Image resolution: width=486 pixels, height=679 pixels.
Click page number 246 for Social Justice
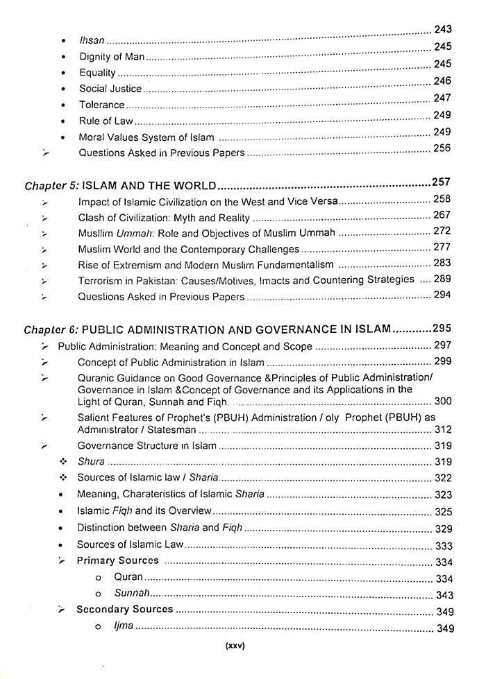pyautogui.click(x=442, y=81)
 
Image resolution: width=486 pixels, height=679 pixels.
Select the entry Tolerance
pyautogui.click(x=101, y=105)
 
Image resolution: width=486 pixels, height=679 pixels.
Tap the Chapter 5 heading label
pyautogui.click(x=52, y=186)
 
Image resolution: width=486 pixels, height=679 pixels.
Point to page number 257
pyautogui.click(x=441, y=182)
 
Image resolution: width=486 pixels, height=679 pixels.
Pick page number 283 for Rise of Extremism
pyautogui.click(x=442, y=264)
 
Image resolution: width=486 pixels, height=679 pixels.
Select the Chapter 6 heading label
pyautogui.click(x=51, y=329)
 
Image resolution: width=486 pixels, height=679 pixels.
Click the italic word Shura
pyautogui.click(x=91, y=461)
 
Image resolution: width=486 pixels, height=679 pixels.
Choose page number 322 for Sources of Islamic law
pyautogui.click(x=443, y=479)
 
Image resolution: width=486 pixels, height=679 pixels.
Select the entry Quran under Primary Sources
pyautogui.click(x=128, y=577)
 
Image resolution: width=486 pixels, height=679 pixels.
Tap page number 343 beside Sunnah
pyautogui.click(x=444, y=596)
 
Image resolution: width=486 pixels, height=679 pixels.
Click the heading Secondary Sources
pyautogui.click(x=124, y=610)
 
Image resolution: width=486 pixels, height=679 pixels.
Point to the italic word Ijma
pyautogui.click(x=124, y=626)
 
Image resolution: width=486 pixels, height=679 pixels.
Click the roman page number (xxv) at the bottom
pyautogui.click(x=236, y=646)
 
